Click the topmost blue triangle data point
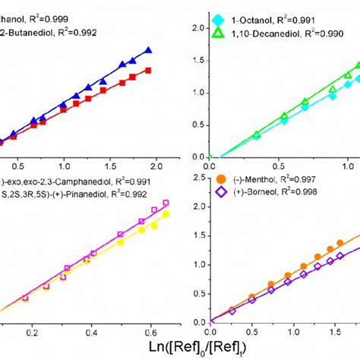click(148, 50)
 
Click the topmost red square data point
click(148, 71)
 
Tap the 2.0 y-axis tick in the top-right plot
click(198, 27)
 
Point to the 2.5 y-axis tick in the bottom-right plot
click(198, 178)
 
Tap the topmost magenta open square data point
click(166, 204)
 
